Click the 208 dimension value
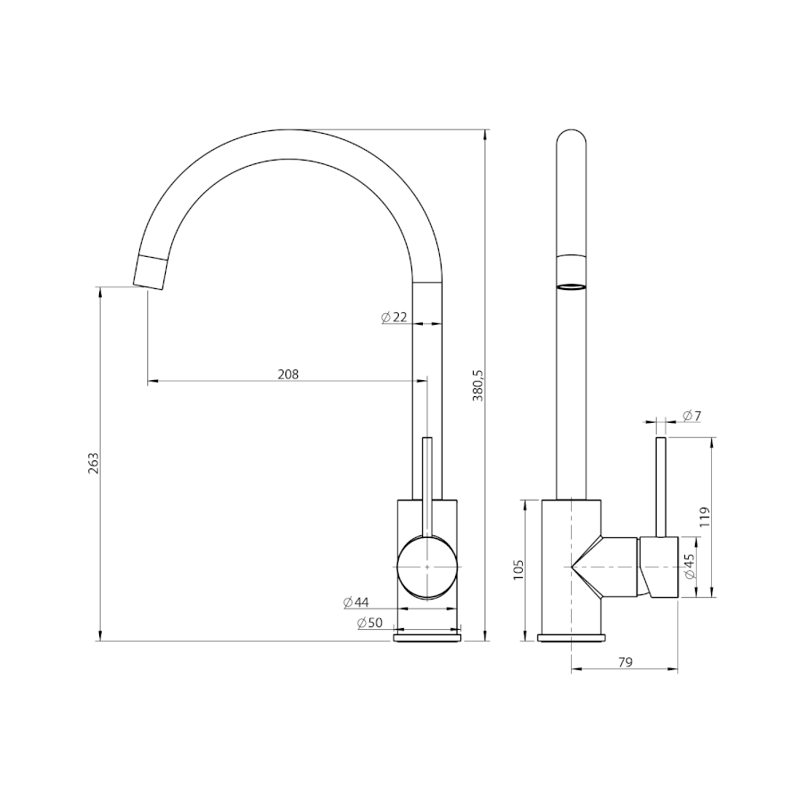coord(288,375)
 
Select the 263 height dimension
coord(93,463)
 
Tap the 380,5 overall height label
coord(478,384)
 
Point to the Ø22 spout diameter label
coord(393,318)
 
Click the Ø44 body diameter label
coord(356,602)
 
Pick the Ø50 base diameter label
coord(369,623)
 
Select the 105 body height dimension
coord(517,569)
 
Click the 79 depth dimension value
coord(625,662)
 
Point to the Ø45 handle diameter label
coord(690,567)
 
